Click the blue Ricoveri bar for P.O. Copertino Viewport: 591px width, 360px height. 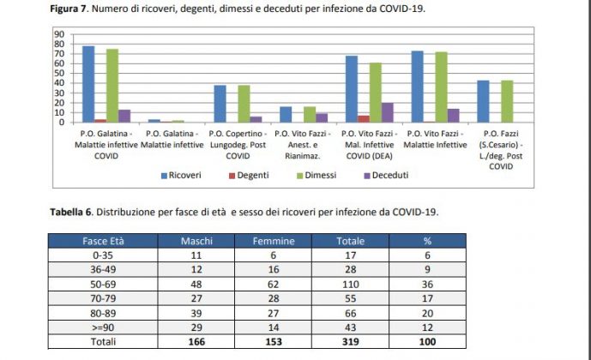coord(220,104)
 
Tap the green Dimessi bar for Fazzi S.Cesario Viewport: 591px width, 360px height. coord(507,101)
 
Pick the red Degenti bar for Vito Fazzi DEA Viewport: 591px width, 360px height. coord(363,118)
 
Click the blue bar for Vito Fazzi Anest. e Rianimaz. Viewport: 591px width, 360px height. coord(286,114)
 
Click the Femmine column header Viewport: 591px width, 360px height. coord(273,241)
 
